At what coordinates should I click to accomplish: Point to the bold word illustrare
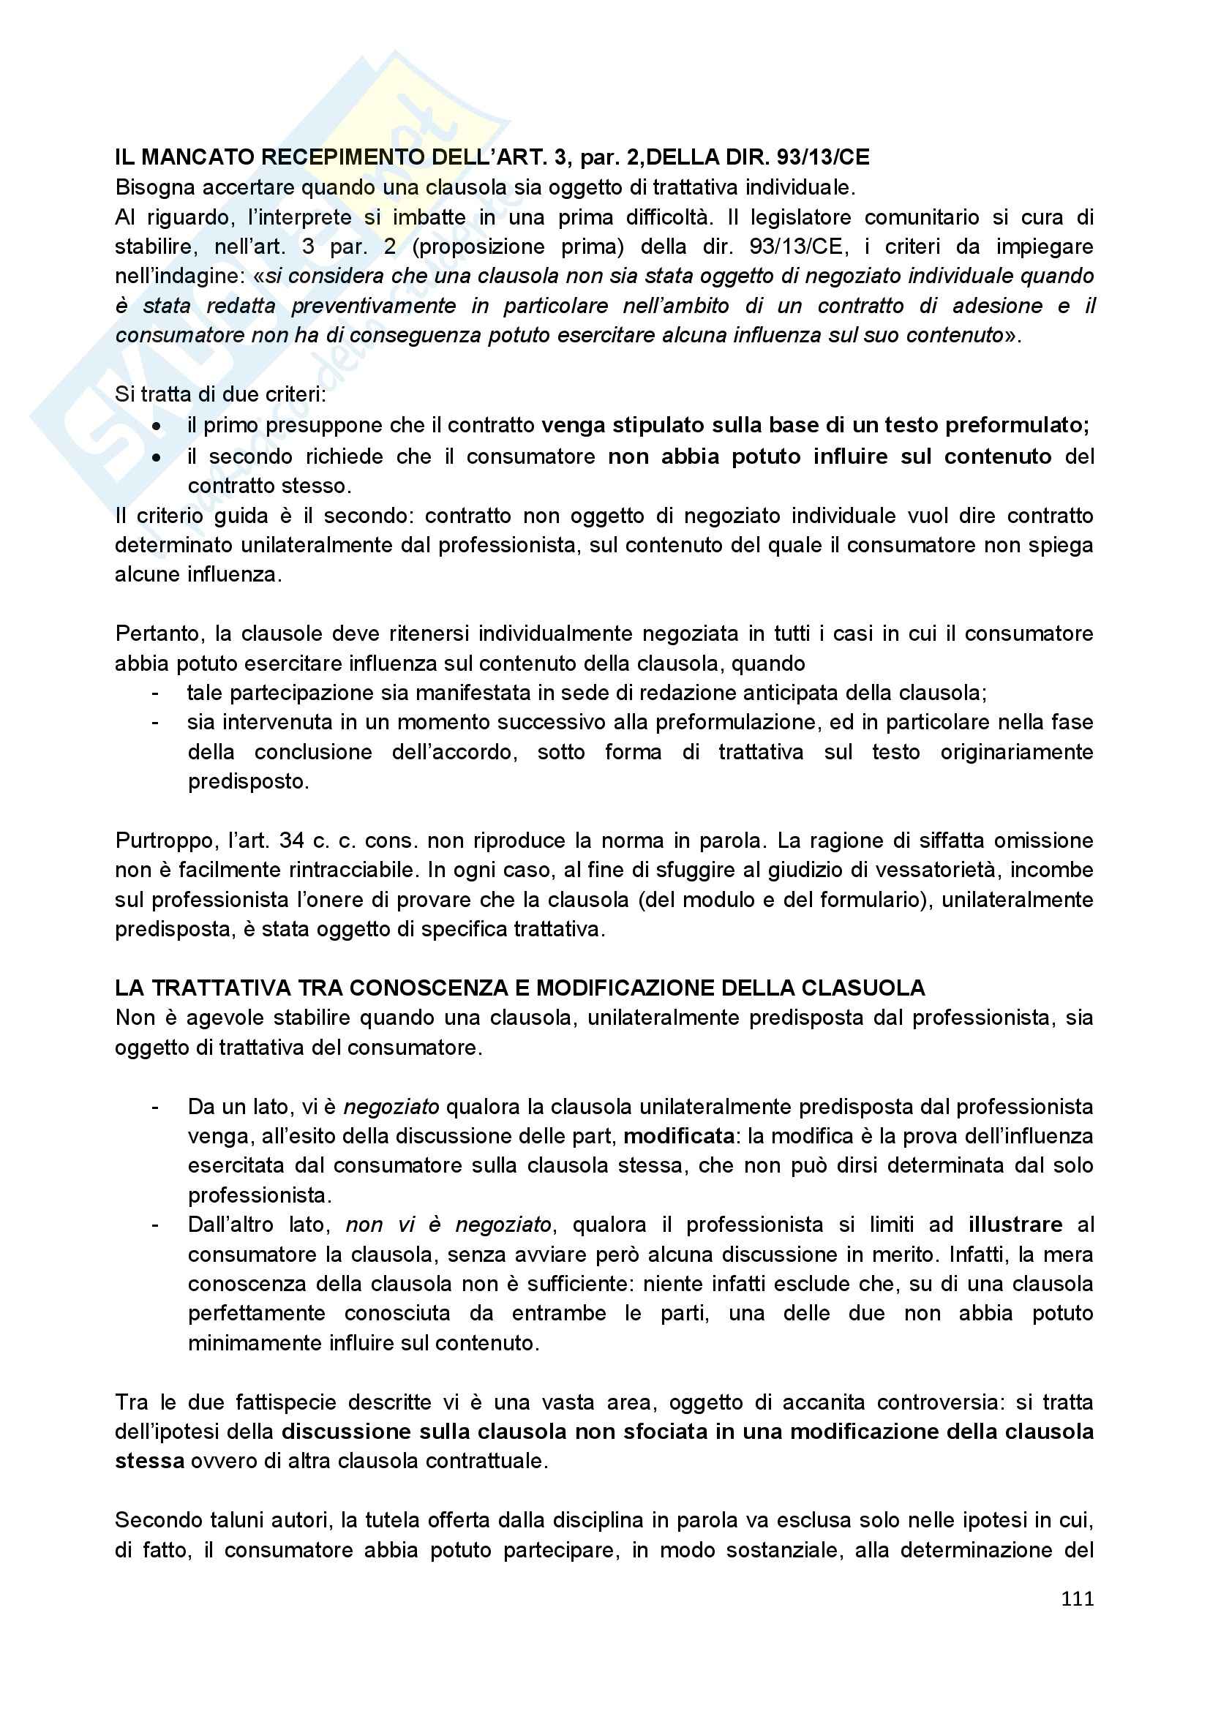pyautogui.click(x=1015, y=1225)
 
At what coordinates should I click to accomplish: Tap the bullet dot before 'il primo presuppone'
pyautogui.click(x=156, y=426)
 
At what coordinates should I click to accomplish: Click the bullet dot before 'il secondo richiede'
pyautogui.click(x=156, y=456)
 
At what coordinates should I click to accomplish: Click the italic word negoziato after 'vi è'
pyautogui.click(x=391, y=1107)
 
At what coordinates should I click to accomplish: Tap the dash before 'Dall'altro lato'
pyautogui.click(x=155, y=1225)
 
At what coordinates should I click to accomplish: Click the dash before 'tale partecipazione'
pyautogui.click(x=155, y=693)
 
